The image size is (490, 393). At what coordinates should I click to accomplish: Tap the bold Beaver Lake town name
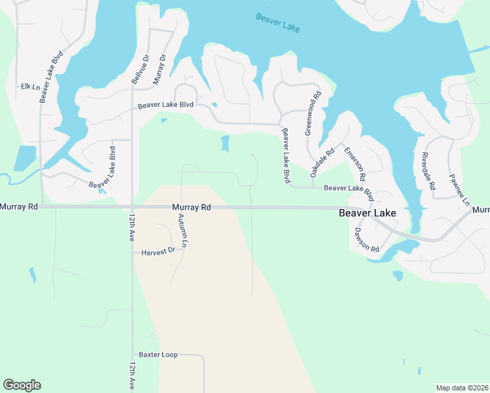(367, 213)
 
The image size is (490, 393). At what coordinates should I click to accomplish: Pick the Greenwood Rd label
(313, 113)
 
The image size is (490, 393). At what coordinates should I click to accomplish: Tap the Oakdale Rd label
(322, 160)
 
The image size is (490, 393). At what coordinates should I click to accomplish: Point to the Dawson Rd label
(366, 240)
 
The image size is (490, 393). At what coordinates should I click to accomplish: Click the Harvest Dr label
(158, 251)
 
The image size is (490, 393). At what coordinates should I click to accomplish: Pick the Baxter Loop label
(158, 355)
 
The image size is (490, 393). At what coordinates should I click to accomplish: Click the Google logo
(22, 385)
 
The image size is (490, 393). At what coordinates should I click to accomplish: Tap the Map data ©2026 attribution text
(462, 388)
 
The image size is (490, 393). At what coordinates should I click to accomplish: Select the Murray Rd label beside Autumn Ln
(191, 207)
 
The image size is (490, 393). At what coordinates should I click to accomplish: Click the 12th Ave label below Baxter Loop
(132, 376)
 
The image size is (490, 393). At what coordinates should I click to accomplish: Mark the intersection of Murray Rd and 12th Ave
(132, 207)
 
